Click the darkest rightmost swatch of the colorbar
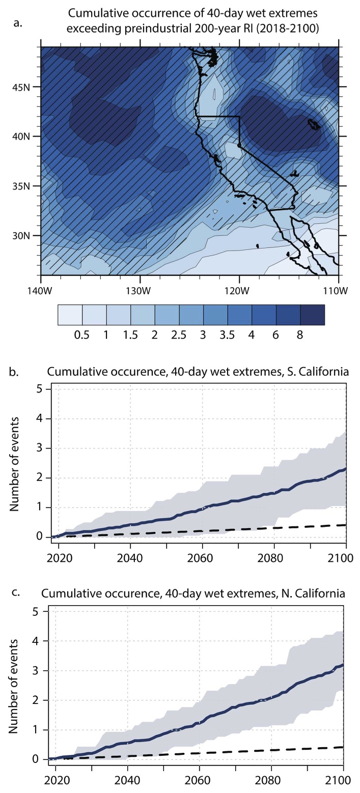click(313, 315)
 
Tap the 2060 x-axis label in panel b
click(202, 557)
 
